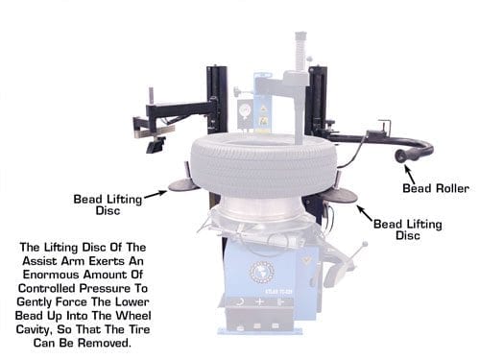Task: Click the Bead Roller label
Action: point(436,188)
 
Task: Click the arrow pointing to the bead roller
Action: point(410,174)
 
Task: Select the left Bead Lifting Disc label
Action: point(108,204)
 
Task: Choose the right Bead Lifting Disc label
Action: point(408,229)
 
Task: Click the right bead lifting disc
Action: point(340,195)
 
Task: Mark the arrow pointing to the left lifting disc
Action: point(156,194)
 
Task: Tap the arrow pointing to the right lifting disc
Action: point(365,213)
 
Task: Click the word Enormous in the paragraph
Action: point(51,275)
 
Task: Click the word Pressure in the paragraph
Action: point(106,288)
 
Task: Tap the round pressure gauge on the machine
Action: point(245,111)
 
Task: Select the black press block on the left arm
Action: point(156,145)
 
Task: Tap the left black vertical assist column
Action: point(217,100)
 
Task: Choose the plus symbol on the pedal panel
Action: point(260,301)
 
